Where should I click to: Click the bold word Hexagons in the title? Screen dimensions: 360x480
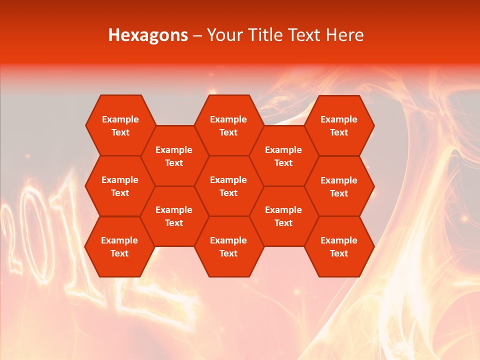click(148, 35)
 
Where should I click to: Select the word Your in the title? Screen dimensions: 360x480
click(223, 35)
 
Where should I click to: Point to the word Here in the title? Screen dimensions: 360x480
click(345, 35)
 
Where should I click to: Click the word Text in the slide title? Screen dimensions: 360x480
click(305, 35)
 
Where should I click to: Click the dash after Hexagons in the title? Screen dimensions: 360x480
click(197, 35)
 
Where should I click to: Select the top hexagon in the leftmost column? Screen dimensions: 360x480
click(120, 125)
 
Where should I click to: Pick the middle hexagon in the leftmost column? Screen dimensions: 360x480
click(120, 186)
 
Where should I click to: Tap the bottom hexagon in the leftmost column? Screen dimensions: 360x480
click(119, 246)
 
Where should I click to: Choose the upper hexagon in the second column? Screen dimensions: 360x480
click(174, 156)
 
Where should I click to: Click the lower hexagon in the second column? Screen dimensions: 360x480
click(174, 216)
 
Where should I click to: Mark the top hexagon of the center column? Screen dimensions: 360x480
click(228, 125)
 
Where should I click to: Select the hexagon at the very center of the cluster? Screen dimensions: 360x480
click(228, 186)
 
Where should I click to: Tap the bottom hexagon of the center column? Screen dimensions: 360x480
click(228, 246)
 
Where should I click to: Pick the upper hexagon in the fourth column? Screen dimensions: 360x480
click(283, 156)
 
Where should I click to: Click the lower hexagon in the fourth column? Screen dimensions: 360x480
click(283, 216)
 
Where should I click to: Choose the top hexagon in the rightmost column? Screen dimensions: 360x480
click(339, 125)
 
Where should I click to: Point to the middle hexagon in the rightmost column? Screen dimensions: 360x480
click(339, 186)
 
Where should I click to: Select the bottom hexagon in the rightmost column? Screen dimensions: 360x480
click(339, 246)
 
